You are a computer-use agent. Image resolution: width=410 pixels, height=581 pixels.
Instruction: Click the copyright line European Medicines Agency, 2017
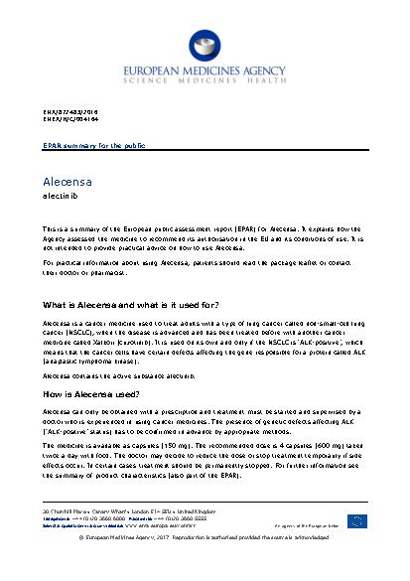pos(205,567)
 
